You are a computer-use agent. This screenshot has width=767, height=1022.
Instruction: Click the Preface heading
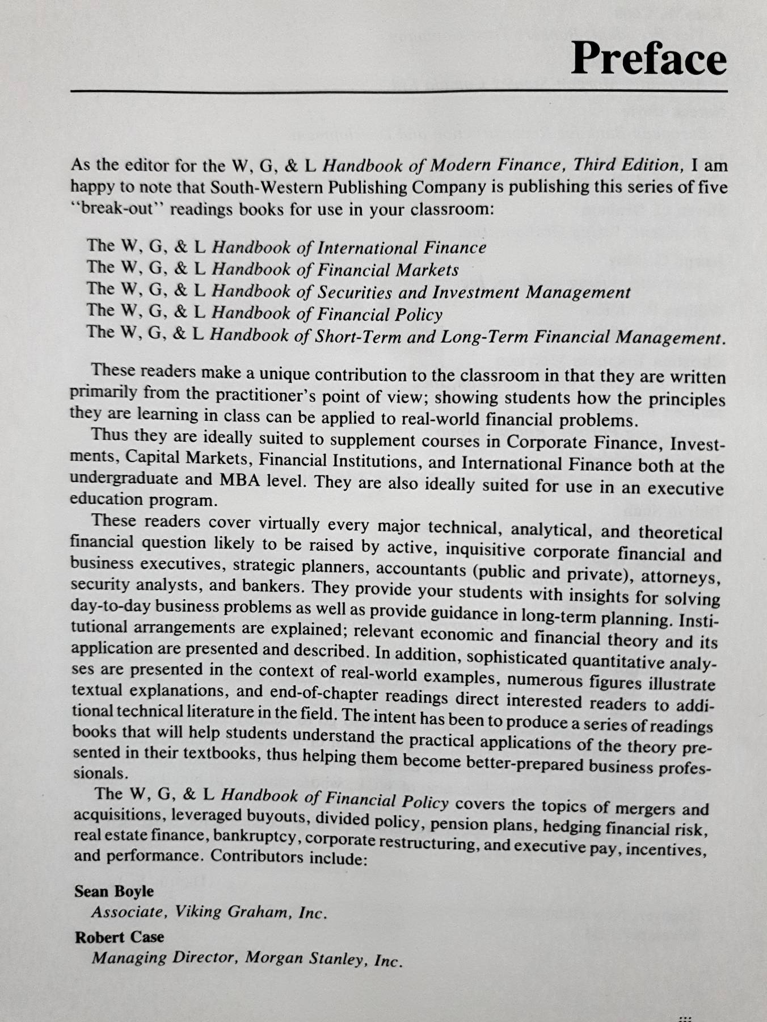coord(648,59)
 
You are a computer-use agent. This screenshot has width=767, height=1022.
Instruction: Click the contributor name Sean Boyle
coord(113,891)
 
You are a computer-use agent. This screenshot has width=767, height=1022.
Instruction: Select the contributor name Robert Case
coord(119,937)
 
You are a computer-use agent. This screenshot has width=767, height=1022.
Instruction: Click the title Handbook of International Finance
coord(348,248)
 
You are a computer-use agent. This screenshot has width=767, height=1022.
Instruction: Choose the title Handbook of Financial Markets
coord(335,270)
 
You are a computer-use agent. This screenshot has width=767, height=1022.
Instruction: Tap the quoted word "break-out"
coord(118,208)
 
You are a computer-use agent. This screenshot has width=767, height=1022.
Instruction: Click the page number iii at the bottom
coord(685,1018)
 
